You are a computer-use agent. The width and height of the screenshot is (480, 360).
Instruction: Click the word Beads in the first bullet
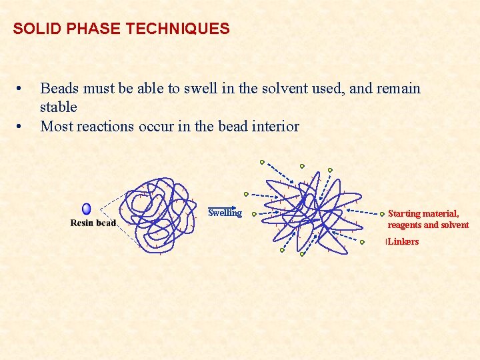(x=58, y=89)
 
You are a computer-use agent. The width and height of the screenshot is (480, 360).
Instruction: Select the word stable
(x=59, y=107)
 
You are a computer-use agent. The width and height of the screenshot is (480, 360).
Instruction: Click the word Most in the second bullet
(x=57, y=126)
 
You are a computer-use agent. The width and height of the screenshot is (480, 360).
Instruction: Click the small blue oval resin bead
(x=87, y=209)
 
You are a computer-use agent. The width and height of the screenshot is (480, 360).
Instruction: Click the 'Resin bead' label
(x=93, y=223)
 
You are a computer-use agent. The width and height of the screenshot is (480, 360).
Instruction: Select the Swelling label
(x=225, y=213)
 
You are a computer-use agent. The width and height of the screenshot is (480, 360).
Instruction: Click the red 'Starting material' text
(x=423, y=214)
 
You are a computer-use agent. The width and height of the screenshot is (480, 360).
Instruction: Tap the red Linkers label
(x=403, y=241)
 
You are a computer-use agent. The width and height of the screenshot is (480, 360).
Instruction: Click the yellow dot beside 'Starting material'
(x=382, y=215)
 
